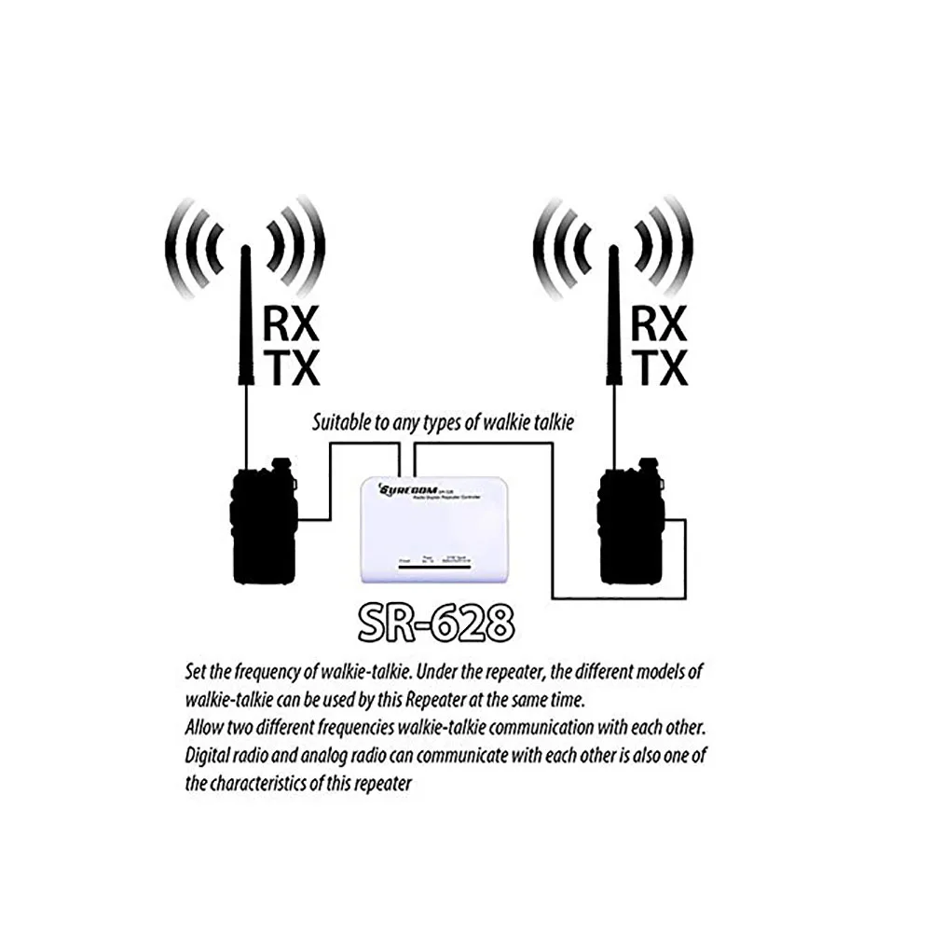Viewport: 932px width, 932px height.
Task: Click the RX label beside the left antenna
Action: coord(291,325)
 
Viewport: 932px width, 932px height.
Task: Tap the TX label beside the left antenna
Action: coord(291,368)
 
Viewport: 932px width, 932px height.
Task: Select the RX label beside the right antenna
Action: coord(658,325)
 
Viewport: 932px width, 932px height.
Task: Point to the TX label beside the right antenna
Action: coord(658,368)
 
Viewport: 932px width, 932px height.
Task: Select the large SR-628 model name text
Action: coord(436,624)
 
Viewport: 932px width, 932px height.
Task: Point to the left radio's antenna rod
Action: coord(246,317)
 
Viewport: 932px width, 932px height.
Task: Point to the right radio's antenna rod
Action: coord(613,317)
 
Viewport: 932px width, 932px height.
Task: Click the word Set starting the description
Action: coord(197,671)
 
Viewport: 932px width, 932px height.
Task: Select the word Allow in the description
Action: coord(205,727)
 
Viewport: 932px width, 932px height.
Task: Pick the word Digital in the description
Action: coord(209,755)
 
